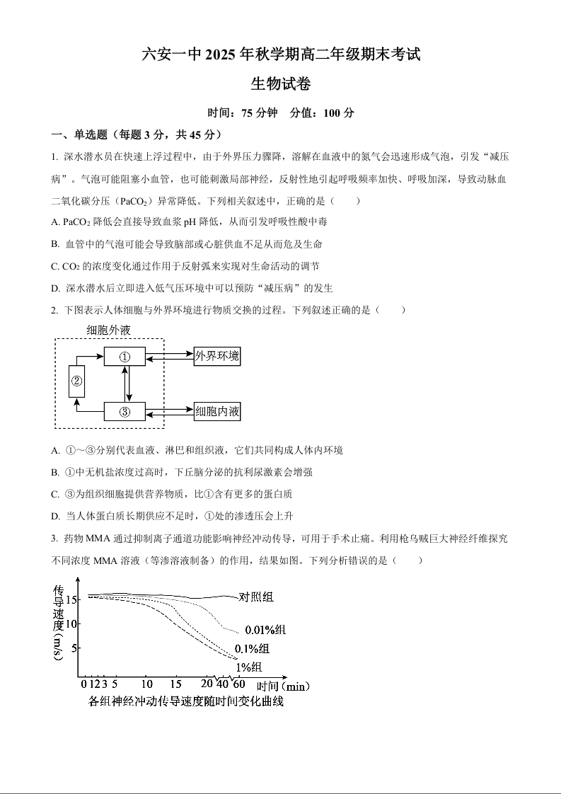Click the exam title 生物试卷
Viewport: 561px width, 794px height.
tap(281, 84)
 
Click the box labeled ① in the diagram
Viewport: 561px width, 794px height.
tap(125, 357)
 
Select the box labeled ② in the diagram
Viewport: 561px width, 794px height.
tap(76, 382)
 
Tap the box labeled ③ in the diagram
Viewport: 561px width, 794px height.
tap(125, 412)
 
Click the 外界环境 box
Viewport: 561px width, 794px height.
tap(217, 356)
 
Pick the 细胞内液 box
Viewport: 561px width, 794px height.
tap(217, 411)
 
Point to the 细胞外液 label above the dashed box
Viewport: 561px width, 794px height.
tap(109, 330)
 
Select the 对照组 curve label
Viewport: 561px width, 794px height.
tap(256, 597)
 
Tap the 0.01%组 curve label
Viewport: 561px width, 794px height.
tap(265, 630)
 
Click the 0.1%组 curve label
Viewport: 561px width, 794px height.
tap(251, 649)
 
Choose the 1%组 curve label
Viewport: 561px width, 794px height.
tap(249, 667)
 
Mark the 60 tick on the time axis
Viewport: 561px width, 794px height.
tap(238, 684)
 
